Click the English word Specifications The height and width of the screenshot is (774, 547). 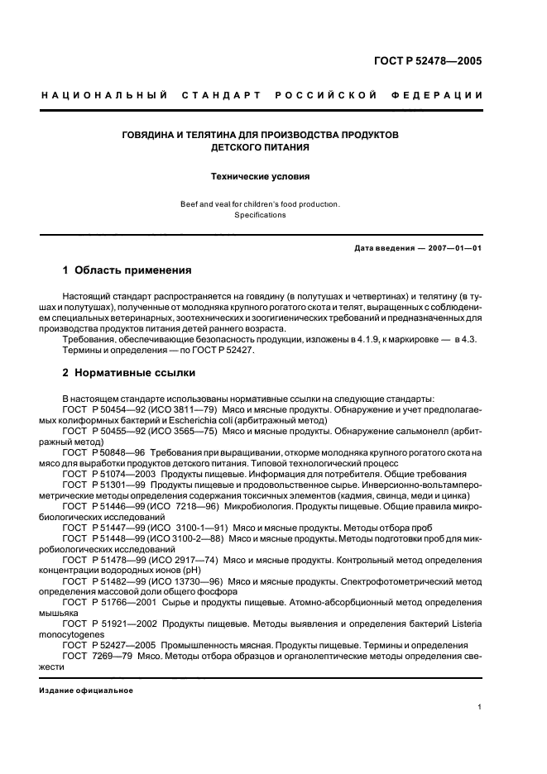click(259, 215)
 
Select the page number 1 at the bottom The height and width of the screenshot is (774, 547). click(480, 707)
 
